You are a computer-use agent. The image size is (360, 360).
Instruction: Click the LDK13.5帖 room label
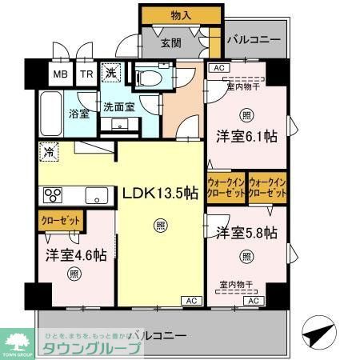[x=160, y=193]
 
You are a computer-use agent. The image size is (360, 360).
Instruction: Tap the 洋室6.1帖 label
[x=246, y=137]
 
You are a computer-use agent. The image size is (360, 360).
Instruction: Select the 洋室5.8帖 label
[x=246, y=233]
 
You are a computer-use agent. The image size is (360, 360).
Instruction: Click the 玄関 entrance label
[x=170, y=42]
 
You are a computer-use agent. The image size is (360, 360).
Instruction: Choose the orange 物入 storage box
[x=181, y=15]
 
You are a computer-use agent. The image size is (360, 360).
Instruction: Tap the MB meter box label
[x=61, y=75]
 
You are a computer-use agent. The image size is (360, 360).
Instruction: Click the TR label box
[x=86, y=75]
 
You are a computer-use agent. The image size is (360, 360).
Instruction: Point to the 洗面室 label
[x=118, y=106]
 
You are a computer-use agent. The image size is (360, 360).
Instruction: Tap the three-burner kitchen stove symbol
[x=53, y=195]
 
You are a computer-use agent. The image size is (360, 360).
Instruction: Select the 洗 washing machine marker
[x=113, y=72]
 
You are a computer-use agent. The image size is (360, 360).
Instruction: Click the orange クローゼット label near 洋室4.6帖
[x=60, y=218]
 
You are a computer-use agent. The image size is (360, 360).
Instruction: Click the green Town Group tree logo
[x=17, y=337]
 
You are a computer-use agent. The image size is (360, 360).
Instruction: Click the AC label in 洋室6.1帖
[x=218, y=69]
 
